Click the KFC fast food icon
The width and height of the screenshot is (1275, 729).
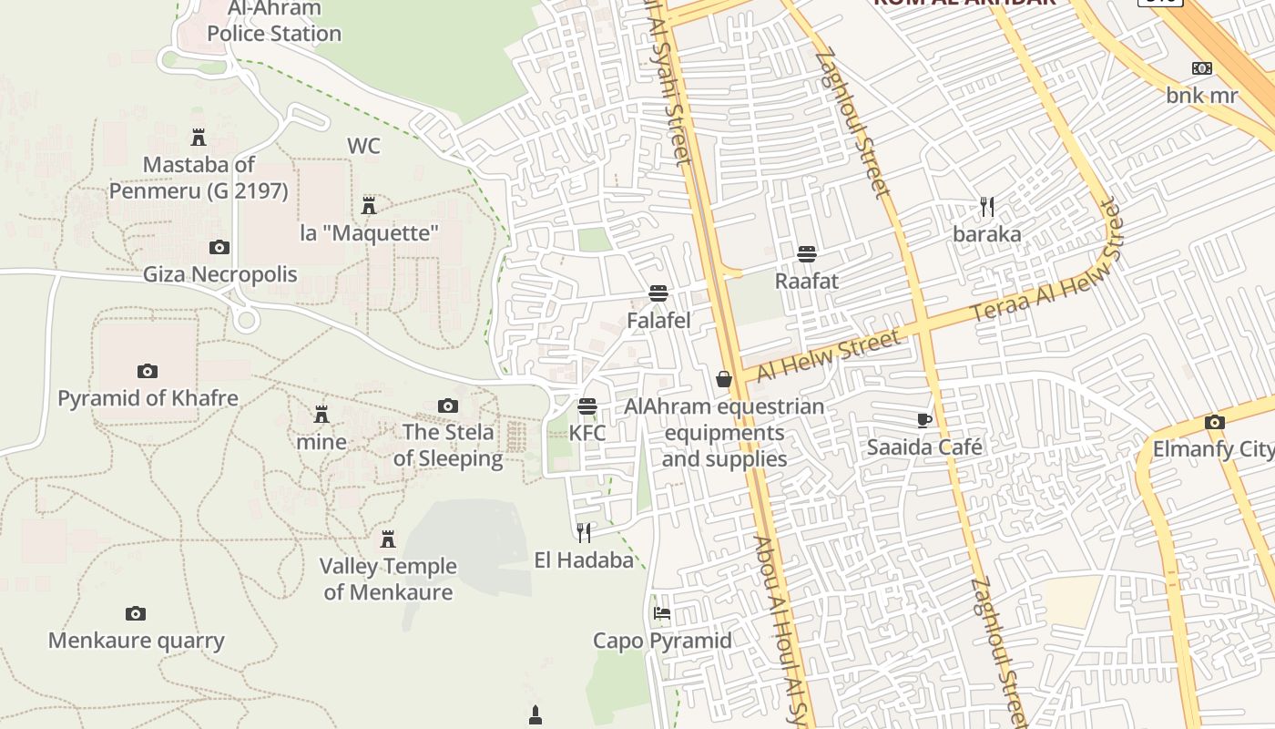click(587, 406)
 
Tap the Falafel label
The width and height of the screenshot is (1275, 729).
click(658, 321)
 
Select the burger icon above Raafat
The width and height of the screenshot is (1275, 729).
click(806, 254)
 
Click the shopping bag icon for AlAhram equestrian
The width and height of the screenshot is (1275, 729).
click(724, 379)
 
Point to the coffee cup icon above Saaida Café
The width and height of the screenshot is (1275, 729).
click(924, 420)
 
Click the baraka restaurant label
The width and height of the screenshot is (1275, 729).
click(987, 234)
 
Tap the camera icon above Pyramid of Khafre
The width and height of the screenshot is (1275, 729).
click(148, 371)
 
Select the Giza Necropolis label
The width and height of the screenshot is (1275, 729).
click(220, 274)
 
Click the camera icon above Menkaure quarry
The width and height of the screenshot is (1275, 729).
click(136, 613)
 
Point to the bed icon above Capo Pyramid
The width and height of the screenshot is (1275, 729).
click(662, 613)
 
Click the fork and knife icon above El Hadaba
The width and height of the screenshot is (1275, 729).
click(584, 532)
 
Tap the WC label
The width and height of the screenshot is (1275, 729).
click(363, 146)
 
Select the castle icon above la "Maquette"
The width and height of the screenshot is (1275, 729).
click(369, 206)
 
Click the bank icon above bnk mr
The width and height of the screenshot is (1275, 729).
click(1202, 68)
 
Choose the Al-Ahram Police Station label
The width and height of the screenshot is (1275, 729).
click(273, 22)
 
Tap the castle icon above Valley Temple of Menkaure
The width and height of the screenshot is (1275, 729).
click(388, 539)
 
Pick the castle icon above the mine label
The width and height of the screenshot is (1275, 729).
click(321, 415)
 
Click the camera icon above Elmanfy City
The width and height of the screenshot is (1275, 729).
click(1214, 422)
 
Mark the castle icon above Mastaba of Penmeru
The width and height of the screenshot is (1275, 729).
click(199, 138)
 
